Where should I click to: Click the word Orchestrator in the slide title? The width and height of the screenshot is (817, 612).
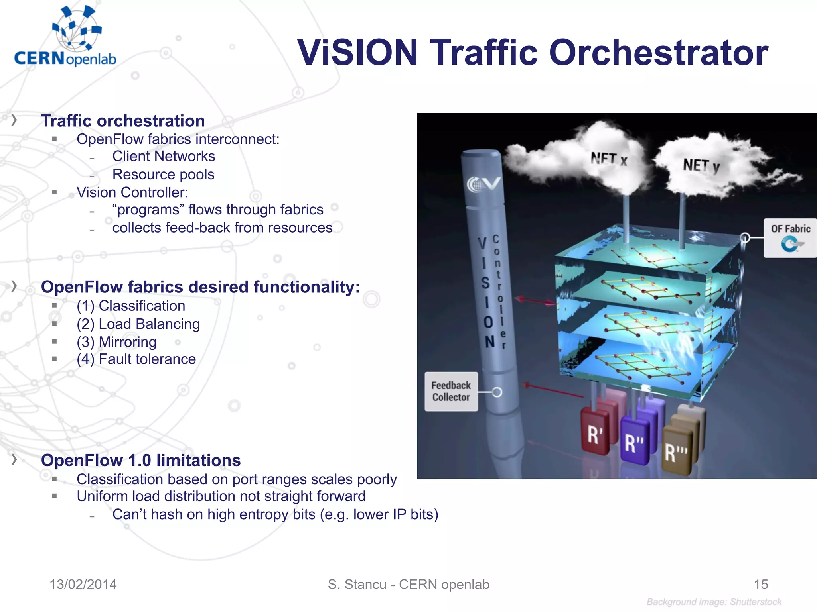click(659, 53)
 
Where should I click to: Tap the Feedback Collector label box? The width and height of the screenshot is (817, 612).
click(451, 391)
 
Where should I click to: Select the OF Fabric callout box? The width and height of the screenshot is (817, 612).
click(790, 238)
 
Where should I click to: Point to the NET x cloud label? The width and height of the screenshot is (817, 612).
click(609, 159)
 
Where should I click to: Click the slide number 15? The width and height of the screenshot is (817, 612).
click(761, 584)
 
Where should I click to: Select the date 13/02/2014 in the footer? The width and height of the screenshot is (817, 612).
click(83, 584)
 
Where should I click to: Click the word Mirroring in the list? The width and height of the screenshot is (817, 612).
click(127, 342)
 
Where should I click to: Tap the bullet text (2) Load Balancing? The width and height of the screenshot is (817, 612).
click(138, 324)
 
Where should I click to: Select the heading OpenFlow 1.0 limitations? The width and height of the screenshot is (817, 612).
click(141, 460)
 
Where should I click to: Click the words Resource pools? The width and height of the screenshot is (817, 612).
click(163, 174)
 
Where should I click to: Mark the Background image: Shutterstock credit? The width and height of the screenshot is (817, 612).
click(714, 602)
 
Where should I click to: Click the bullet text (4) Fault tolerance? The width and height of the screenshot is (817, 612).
click(136, 359)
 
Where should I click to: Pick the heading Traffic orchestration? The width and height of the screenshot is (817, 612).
click(123, 121)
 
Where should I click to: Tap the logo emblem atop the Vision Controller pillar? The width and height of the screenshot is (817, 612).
click(483, 184)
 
